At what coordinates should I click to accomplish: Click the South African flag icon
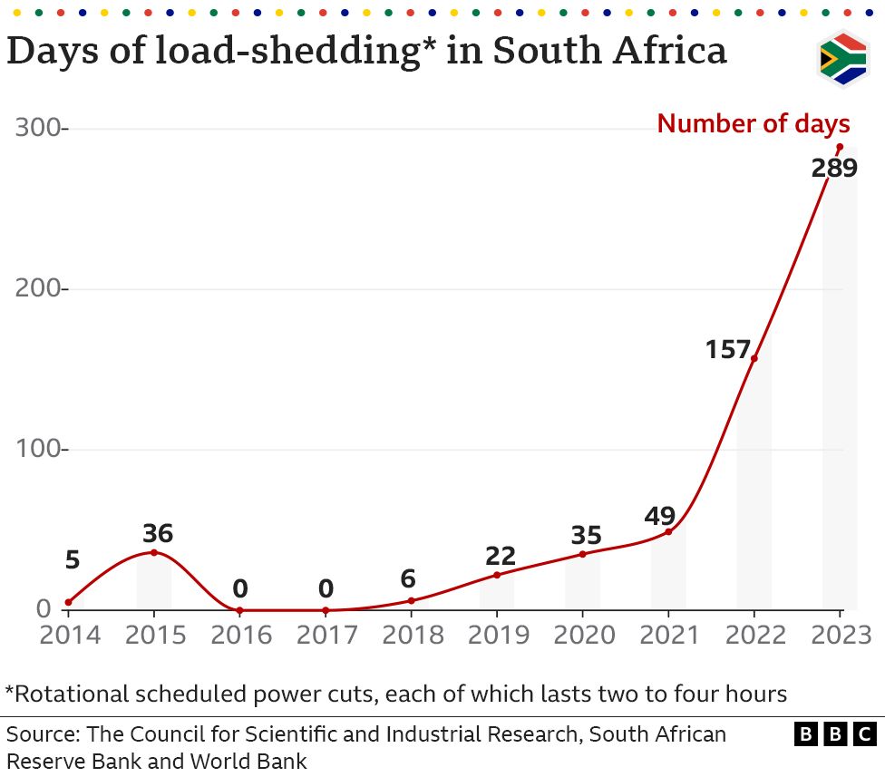[x=843, y=59]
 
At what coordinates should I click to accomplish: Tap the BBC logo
[x=835, y=733]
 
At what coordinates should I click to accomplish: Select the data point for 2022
[x=754, y=358]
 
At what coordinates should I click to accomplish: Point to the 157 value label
[x=728, y=349]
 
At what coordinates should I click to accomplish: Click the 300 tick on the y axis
[x=42, y=129]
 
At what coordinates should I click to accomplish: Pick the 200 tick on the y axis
[x=42, y=289]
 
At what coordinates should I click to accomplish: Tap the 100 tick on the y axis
[x=42, y=450]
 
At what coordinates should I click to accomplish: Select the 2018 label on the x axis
[x=412, y=634]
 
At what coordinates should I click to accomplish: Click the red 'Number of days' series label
[x=753, y=123]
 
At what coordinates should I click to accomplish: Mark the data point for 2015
[x=154, y=552]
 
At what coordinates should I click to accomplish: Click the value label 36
[x=157, y=533]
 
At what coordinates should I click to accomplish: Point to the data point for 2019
[x=497, y=575]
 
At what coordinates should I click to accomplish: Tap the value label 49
[x=660, y=516]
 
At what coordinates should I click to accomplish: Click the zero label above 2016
[x=239, y=588]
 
